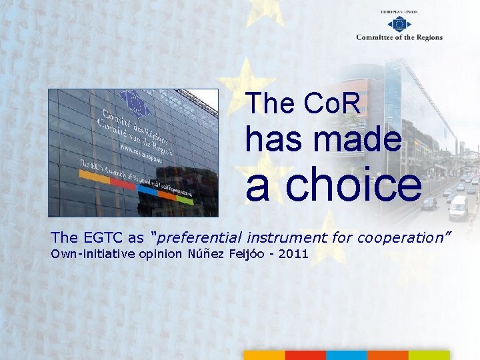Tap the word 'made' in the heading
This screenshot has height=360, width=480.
click(x=359, y=140)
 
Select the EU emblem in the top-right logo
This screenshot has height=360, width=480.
click(x=399, y=23)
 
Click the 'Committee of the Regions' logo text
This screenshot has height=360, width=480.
click(x=399, y=37)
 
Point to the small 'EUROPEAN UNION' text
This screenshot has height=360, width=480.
click(x=399, y=12)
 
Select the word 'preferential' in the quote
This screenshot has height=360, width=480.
click(x=200, y=237)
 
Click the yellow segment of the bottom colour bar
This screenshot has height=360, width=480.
click(x=264, y=355)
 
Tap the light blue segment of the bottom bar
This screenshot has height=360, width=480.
click(x=346, y=355)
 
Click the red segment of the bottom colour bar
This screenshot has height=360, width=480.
click(x=305, y=355)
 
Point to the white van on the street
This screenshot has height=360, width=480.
click(x=458, y=208)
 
